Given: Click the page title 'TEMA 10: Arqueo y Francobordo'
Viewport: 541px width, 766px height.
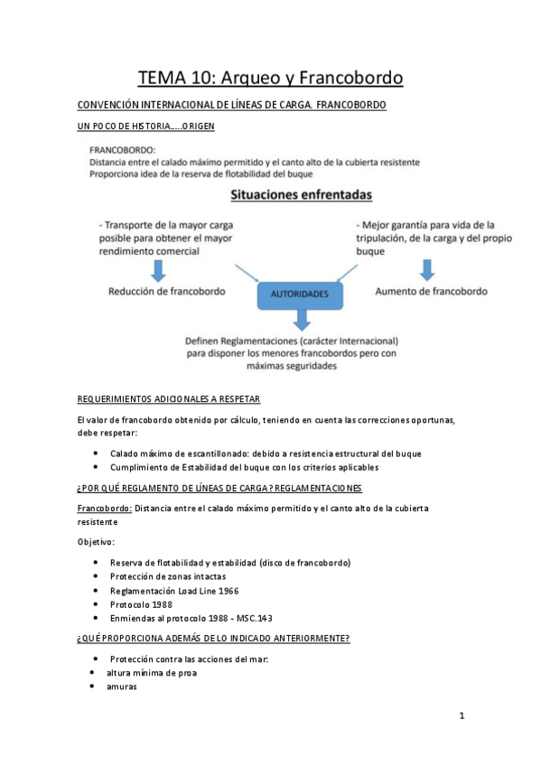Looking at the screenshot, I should (x=270, y=79).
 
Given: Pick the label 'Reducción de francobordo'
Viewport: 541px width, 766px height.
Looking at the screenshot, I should (x=167, y=292).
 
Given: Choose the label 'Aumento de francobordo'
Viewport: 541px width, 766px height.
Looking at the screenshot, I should (x=431, y=292).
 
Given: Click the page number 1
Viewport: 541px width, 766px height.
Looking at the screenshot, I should (x=462, y=716).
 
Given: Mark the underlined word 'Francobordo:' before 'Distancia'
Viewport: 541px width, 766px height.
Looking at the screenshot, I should (x=105, y=509).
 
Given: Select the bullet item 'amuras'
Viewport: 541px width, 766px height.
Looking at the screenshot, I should (x=109, y=687).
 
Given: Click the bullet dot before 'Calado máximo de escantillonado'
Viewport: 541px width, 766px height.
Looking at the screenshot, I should (x=97, y=453).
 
